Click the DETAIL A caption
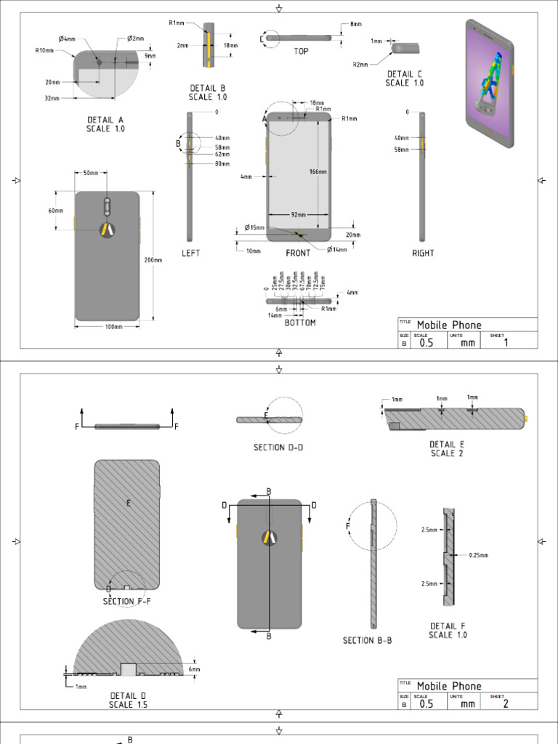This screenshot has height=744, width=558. click(105, 124)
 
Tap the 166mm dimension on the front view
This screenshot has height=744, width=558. click(318, 172)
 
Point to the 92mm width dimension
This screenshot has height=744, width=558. click(298, 215)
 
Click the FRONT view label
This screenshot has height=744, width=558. click(298, 254)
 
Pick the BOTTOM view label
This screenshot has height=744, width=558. click(300, 323)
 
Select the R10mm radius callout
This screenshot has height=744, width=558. click(44, 51)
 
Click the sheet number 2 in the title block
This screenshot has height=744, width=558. click(506, 703)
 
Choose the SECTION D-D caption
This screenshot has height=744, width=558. click(278, 448)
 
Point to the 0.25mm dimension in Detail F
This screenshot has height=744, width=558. click(478, 555)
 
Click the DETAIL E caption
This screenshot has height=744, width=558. click(447, 448)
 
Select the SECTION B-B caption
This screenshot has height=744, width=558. click(367, 641)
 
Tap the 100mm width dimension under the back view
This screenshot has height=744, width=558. click(113, 327)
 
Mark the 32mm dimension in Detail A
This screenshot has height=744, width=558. click(52, 97)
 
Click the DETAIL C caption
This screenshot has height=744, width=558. click(405, 78)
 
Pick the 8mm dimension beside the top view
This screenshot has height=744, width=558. click(356, 24)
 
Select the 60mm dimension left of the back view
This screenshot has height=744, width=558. click(56, 211)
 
